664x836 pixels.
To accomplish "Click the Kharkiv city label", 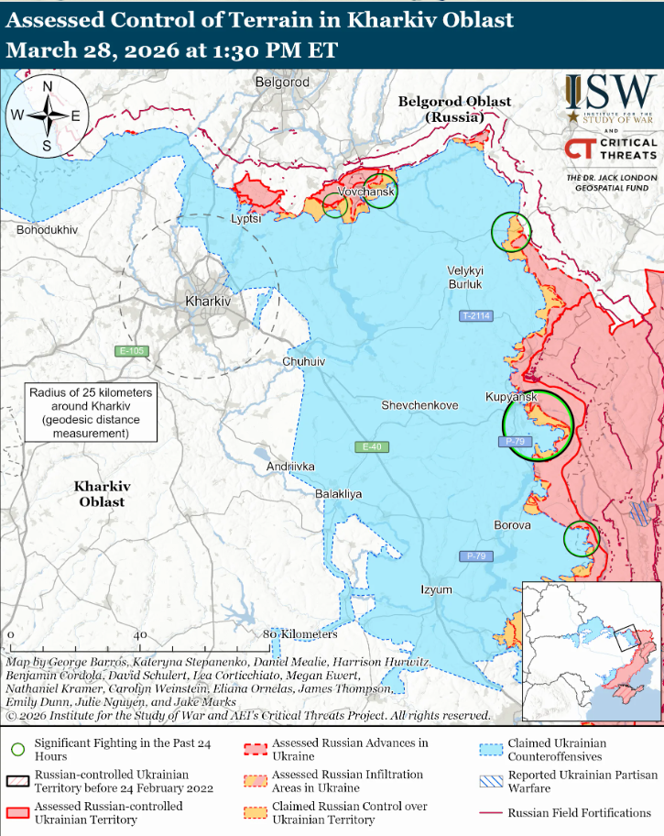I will (208, 301).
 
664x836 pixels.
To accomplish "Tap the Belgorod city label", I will (283, 82).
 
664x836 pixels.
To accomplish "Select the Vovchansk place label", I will (366, 192).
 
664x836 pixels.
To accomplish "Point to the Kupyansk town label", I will (511, 396).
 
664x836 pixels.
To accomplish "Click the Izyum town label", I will (437, 589).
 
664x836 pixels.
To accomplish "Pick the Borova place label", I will (512, 525).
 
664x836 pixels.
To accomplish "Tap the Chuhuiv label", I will (304, 362).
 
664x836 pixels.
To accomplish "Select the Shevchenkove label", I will (420, 404).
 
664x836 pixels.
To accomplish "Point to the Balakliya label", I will (339, 493).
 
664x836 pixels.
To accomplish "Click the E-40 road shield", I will (371, 446).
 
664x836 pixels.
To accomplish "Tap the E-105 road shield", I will (131, 351).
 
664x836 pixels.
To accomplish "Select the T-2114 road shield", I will (476, 316).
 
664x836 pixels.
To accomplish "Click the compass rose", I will (47, 115).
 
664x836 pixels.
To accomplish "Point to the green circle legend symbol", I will (17, 749).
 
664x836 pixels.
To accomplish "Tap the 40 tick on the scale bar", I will (140, 634).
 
